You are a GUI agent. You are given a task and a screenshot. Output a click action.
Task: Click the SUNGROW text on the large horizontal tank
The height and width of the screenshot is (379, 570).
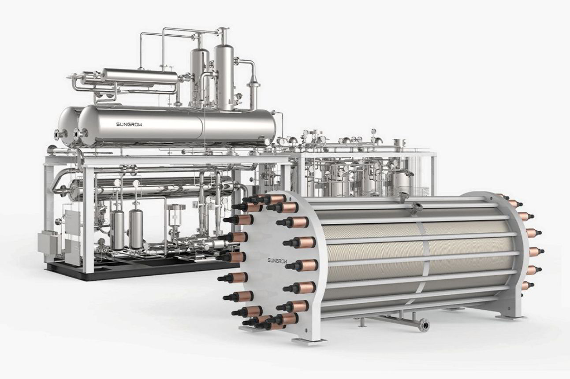click(x=129, y=125)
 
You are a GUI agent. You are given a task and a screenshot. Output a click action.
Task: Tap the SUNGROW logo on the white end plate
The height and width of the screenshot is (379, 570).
click(x=276, y=260)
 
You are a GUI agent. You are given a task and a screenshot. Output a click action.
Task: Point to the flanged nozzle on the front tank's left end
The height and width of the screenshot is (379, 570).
click(x=78, y=133)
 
